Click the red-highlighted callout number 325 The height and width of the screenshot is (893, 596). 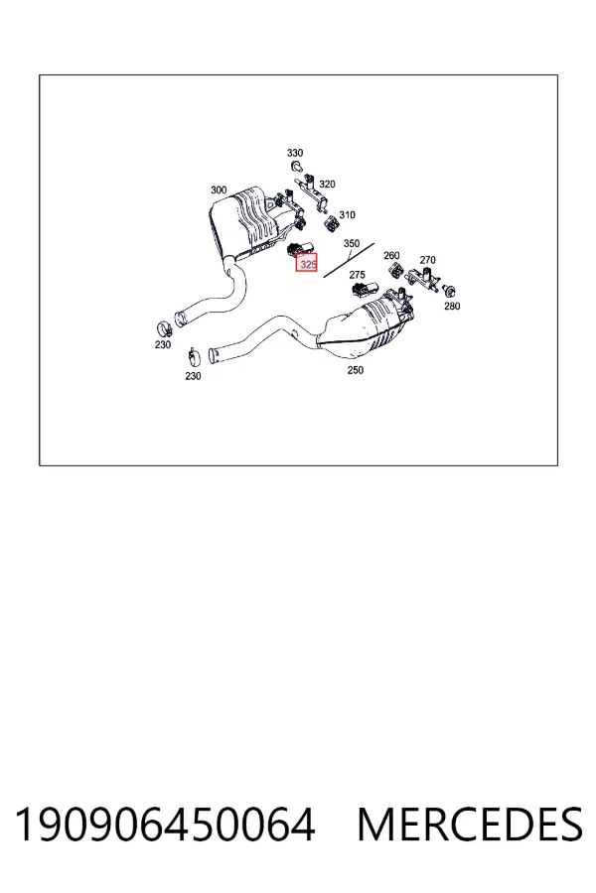(307, 264)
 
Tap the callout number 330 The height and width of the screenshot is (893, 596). (295, 153)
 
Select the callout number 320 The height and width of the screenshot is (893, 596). (327, 184)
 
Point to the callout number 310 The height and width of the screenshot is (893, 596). (347, 214)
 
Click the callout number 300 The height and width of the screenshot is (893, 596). (219, 191)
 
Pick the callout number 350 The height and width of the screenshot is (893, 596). (352, 243)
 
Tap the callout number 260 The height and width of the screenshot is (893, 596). (391, 256)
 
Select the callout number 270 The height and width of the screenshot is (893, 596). (428, 260)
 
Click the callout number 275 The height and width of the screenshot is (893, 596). (357, 275)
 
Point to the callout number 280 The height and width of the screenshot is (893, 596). (452, 307)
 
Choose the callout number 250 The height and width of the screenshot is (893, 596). (355, 370)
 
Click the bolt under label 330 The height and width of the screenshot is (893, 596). (296, 167)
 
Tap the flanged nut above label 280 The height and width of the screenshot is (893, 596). (449, 292)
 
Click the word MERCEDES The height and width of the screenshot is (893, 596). (470, 825)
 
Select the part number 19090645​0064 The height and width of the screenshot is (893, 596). (165, 825)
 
